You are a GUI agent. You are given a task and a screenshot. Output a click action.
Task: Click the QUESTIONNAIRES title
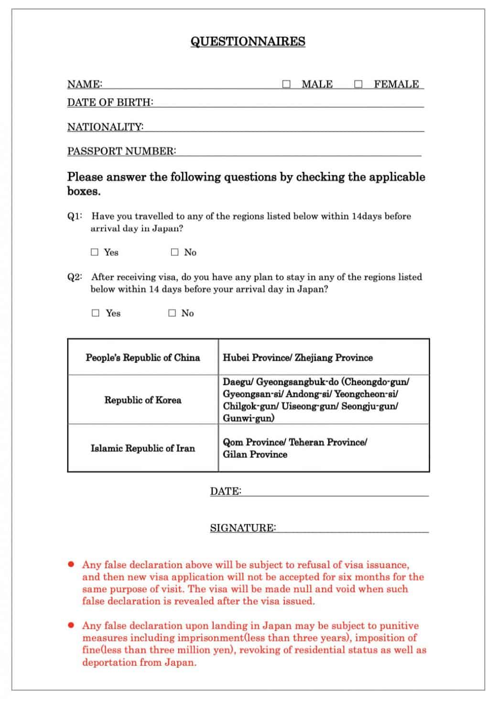tap(248, 42)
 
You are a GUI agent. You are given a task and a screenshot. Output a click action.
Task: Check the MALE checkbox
tap(286, 85)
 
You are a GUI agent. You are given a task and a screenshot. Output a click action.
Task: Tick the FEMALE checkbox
tap(358, 85)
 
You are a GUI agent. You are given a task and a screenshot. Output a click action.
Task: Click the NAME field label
tap(85, 85)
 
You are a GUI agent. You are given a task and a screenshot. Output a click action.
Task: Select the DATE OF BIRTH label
tap(110, 103)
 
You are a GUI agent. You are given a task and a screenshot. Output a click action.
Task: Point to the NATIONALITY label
tap(105, 127)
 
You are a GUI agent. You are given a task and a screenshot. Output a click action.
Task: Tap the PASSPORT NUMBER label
tap(121, 151)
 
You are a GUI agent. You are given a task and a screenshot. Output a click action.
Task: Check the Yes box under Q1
tap(95, 252)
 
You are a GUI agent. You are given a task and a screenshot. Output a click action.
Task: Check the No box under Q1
tap(175, 252)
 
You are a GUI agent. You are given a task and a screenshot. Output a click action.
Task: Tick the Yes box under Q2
tap(96, 313)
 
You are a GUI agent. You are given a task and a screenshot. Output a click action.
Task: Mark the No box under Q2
tap(172, 313)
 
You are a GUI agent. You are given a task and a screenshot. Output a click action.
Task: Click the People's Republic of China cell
tap(143, 358)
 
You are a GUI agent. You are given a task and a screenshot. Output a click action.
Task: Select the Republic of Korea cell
tap(143, 400)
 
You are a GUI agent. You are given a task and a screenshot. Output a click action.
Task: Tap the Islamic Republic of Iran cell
tap(143, 448)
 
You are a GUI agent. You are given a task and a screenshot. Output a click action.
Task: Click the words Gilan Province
tap(255, 455)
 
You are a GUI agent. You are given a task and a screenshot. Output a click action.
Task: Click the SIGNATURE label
tap(243, 528)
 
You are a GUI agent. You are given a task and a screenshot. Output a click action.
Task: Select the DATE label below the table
tap(226, 491)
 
